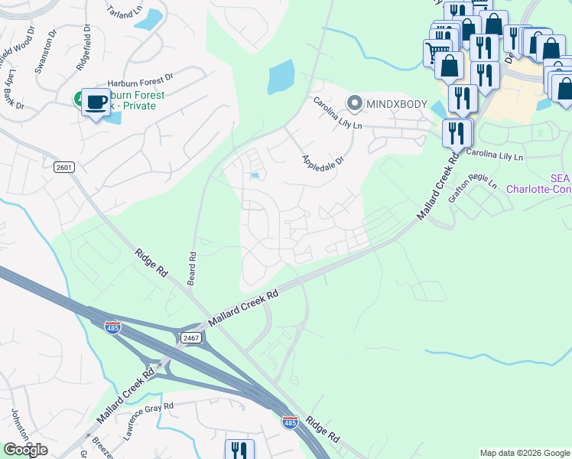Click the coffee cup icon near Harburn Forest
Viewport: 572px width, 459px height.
pyautogui.click(x=96, y=103)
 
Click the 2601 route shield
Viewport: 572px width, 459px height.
pyautogui.click(x=63, y=167)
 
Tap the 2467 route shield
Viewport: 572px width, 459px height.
pyautogui.click(x=190, y=337)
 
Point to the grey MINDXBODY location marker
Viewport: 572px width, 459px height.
pyautogui.click(x=354, y=102)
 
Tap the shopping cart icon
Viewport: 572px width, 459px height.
pyautogui.click(x=435, y=52)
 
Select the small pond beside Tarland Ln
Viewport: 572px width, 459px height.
pyautogui.click(x=153, y=18)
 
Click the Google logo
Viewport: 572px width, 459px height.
pyautogui.click(x=25, y=450)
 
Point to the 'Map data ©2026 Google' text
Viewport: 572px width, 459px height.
pyautogui.click(x=524, y=453)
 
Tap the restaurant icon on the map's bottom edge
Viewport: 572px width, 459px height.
pyautogui.click(x=239, y=450)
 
